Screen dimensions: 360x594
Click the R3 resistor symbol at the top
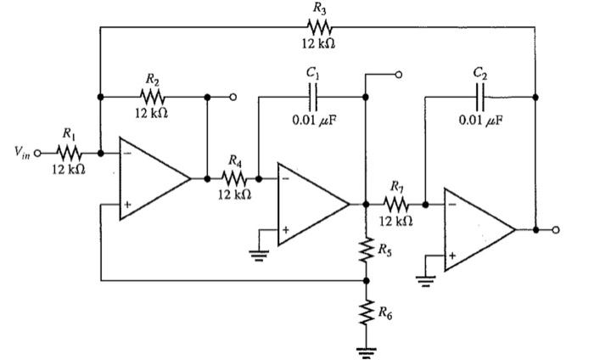319,27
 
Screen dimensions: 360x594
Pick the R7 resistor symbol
395,205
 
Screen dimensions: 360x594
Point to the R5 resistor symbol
367,251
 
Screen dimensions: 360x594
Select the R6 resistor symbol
367,313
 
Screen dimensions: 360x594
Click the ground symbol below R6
367,352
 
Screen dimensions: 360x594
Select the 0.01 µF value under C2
481,120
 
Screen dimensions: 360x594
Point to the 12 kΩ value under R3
319,43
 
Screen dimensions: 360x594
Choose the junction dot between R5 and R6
367,279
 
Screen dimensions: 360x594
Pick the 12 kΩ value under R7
395,221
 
